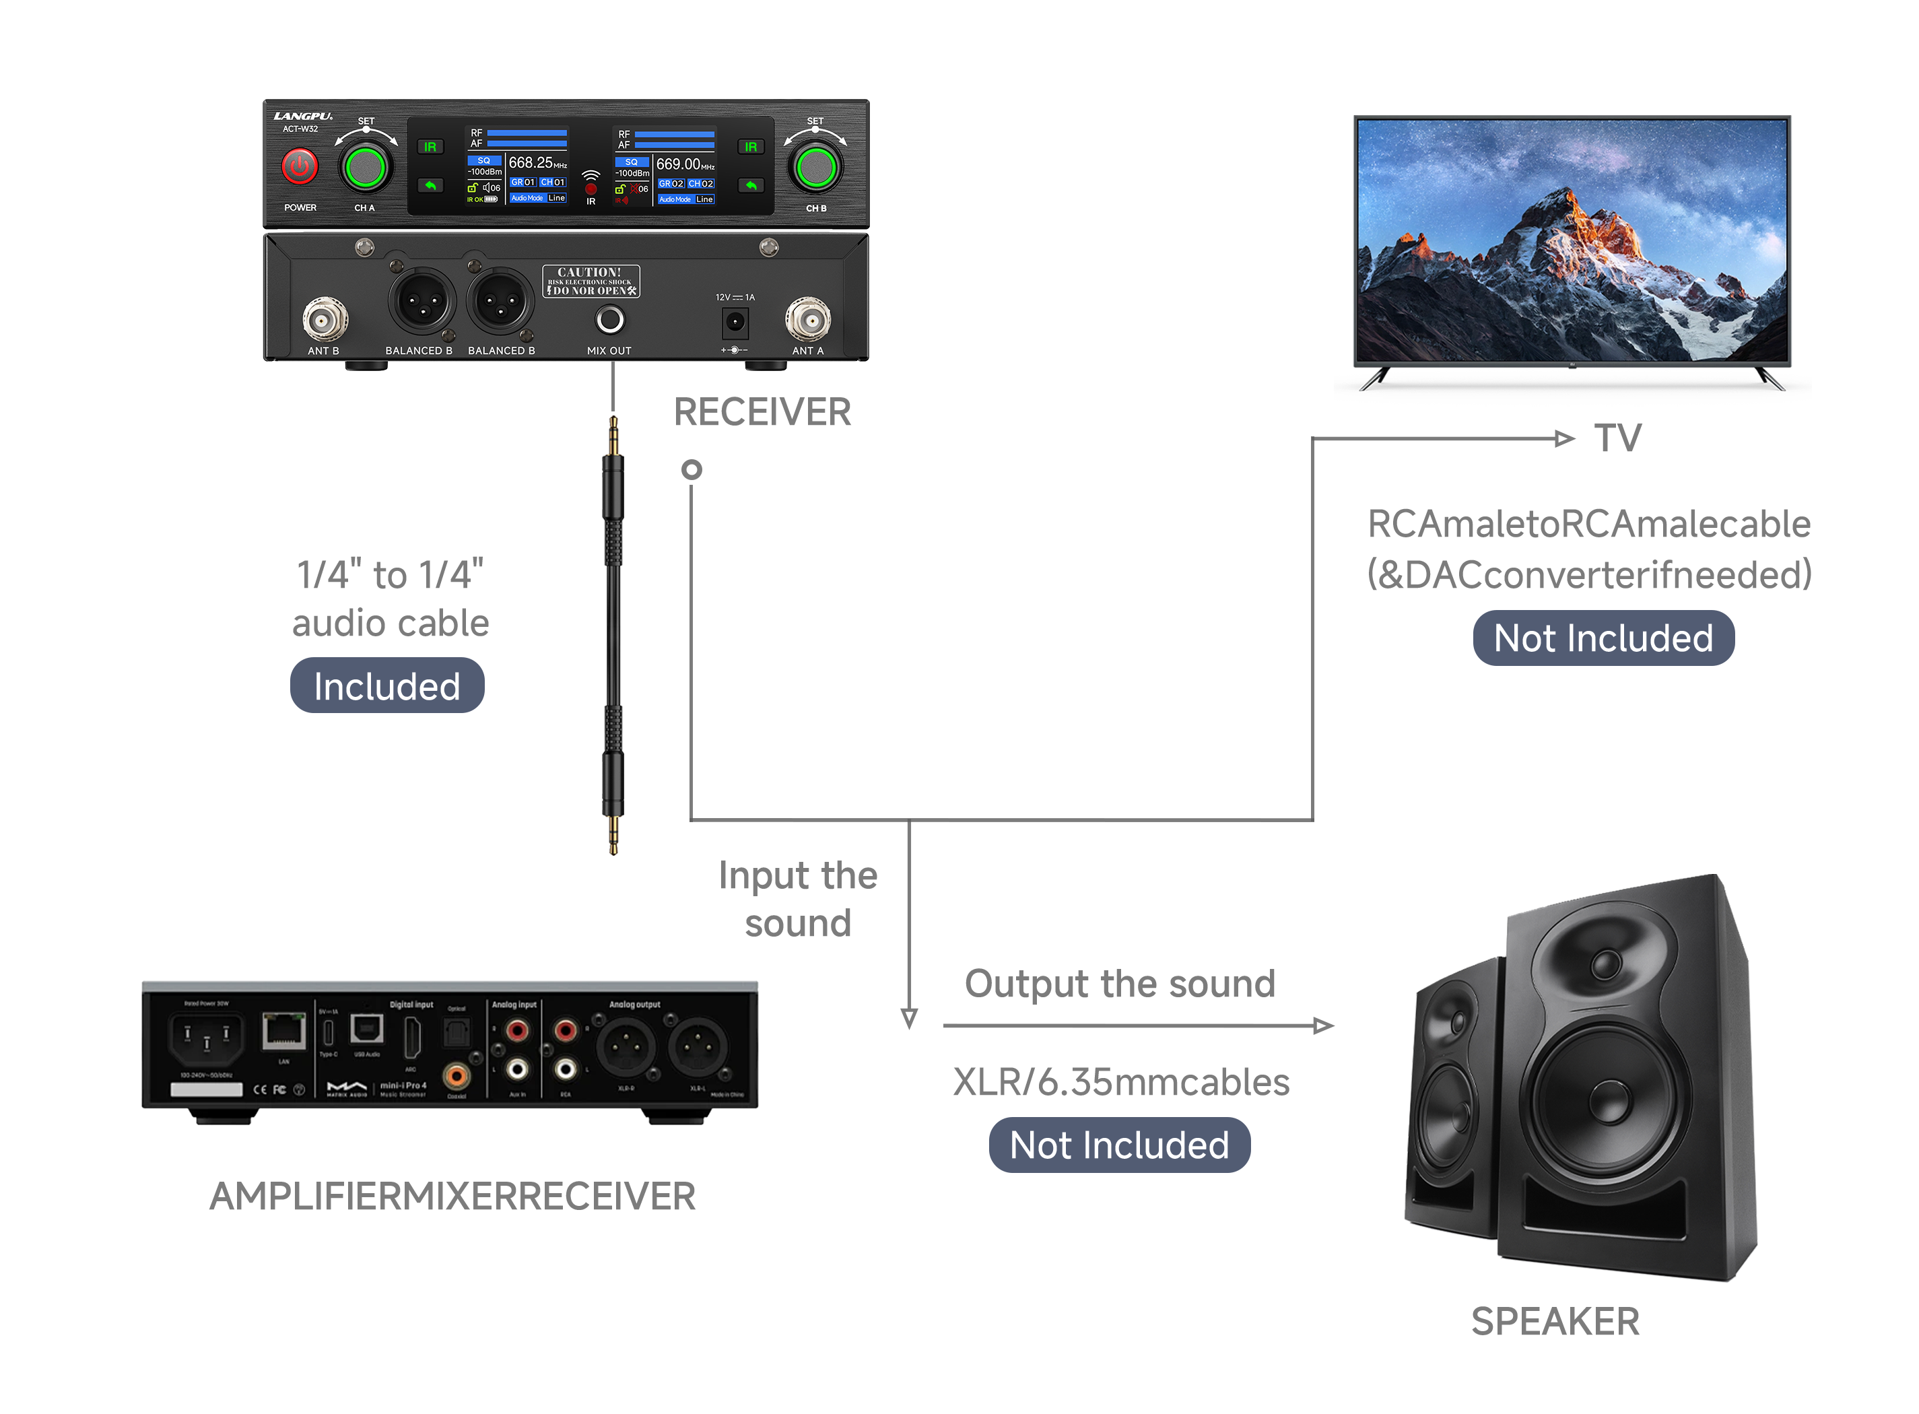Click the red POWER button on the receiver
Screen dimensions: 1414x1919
pos(300,166)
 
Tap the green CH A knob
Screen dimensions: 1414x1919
pos(366,168)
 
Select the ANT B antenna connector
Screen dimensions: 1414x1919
pos(325,320)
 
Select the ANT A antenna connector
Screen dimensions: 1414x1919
pos(807,320)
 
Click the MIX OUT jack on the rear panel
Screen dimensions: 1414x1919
pos(609,320)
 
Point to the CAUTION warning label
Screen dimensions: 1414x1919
pos(591,281)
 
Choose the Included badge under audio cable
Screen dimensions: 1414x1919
pos(387,685)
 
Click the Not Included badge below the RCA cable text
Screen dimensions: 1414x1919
pos(1603,638)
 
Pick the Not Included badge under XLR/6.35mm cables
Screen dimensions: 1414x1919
pos(1118,1145)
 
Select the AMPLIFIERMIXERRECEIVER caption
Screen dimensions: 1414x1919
pos(452,1197)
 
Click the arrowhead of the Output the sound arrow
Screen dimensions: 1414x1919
pos(1322,1025)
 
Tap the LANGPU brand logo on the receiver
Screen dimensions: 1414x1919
pos(303,116)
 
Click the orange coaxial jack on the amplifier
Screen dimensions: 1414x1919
pos(457,1075)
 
